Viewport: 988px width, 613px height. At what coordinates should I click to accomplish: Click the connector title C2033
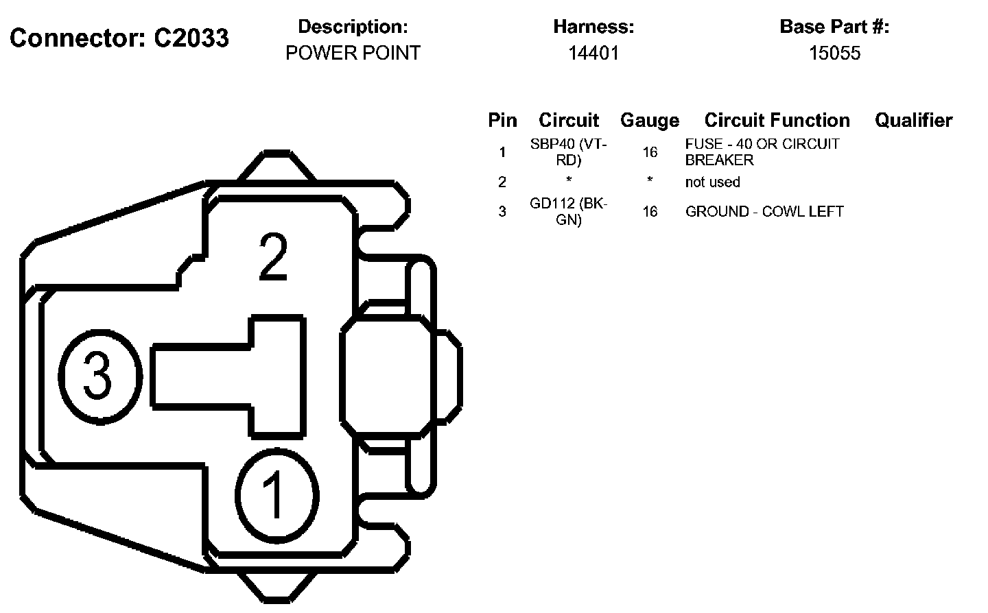(191, 38)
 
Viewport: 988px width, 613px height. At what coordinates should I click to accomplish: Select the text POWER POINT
(353, 53)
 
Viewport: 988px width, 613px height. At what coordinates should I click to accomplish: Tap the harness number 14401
(593, 53)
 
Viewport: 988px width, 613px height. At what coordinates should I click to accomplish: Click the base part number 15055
(834, 53)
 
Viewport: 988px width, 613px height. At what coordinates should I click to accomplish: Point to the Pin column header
(502, 120)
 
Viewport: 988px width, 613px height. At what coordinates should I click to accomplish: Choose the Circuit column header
(569, 120)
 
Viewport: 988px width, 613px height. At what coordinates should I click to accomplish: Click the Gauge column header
(650, 121)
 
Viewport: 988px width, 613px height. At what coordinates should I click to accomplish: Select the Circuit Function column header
(777, 120)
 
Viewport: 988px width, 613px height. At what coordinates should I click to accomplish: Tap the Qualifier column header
(913, 120)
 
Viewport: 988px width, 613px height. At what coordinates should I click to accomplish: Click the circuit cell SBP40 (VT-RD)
(569, 152)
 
